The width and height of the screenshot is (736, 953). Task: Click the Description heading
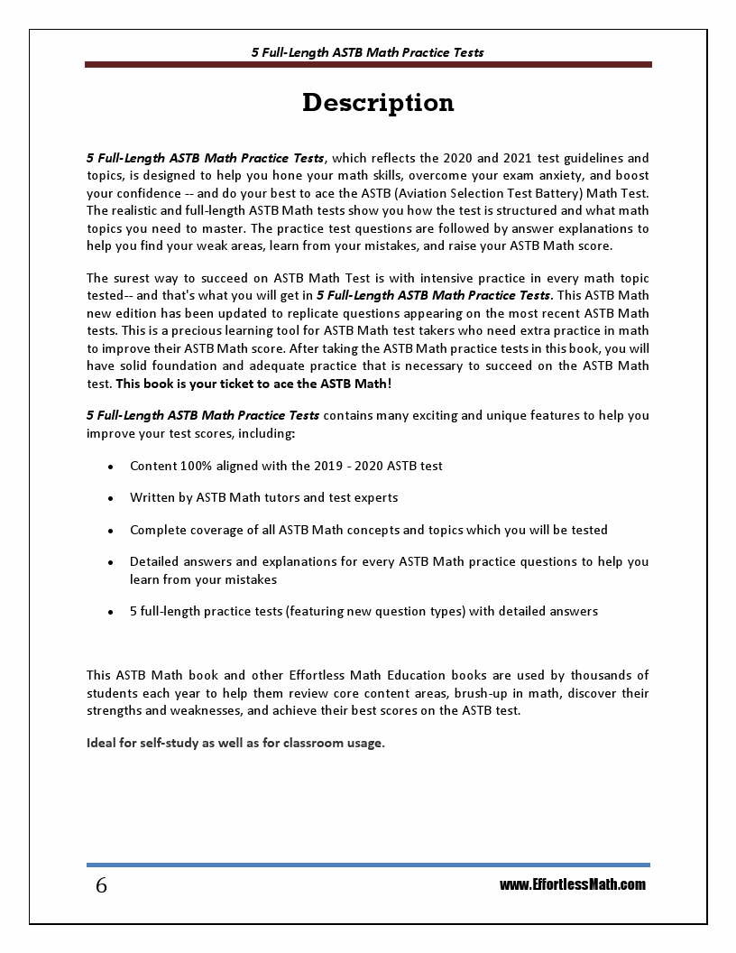pyautogui.click(x=378, y=103)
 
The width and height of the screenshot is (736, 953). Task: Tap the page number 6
pyautogui.click(x=101, y=886)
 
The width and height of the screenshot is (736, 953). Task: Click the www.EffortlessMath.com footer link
pyautogui.click(x=572, y=884)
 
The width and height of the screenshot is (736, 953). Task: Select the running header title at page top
pyautogui.click(x=367, y=52)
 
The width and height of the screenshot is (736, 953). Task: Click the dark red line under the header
pyautogui.click(x=367, y=65)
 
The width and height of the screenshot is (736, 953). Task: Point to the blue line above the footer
pyautogui.click(x=367, y=865)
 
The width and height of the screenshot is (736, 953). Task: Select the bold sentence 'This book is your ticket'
pyautogui.click(x=254, y=383)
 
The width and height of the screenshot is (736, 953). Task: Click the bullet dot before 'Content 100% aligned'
pyautogui.click(x=110, y=467)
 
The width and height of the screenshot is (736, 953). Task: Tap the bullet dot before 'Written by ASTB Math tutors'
pyautogui.click(x=110, y=499)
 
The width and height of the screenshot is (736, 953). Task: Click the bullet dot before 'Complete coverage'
pyautogui.click(x=110, y=531)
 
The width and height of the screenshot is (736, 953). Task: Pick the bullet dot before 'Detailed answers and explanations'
pyautogui.click(x=110, y=562)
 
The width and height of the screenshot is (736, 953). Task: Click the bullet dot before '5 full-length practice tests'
pyautogui.click(x=110, y=612)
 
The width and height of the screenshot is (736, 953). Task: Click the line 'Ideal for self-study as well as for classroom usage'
pyautogui.click(x=235, y=743)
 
